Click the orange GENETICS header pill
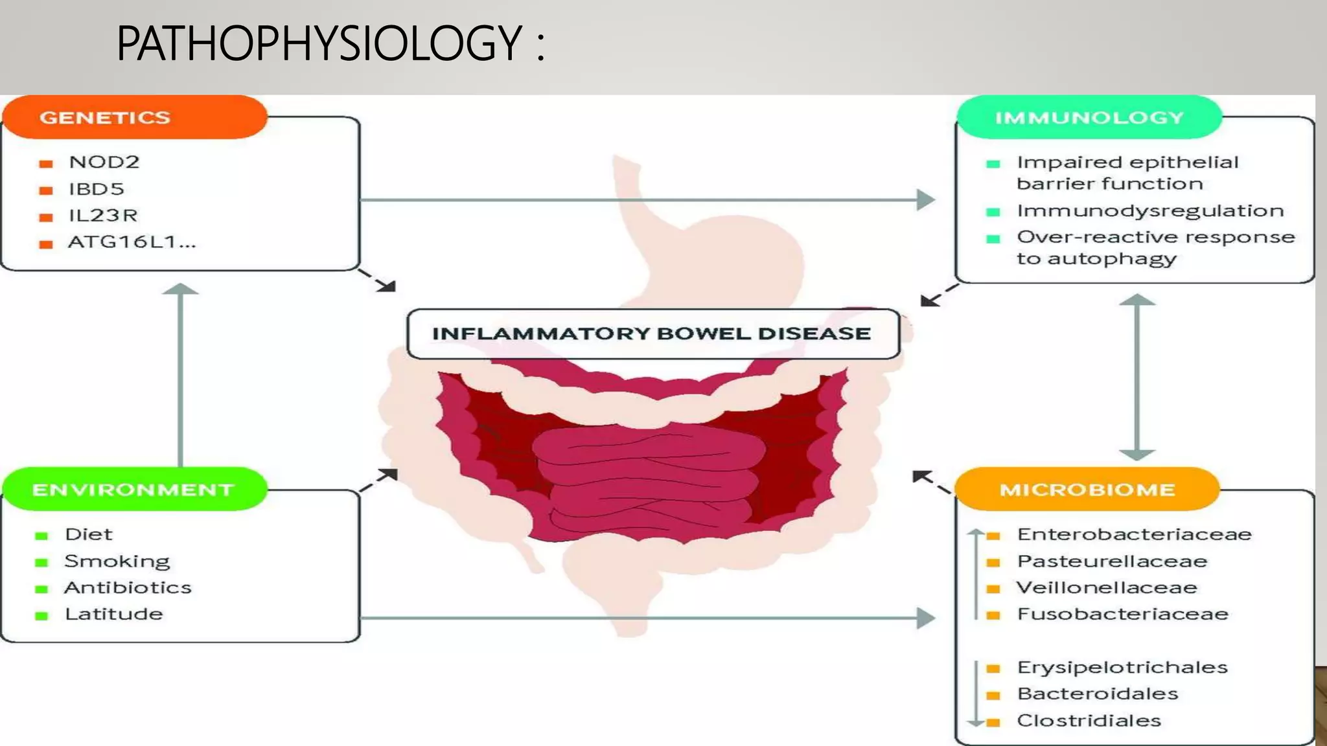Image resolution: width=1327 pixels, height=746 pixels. tap(134, 117)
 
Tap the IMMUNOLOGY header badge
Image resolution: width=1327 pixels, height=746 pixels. tap(1089, 117)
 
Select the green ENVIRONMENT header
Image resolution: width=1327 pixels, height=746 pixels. tap(134, 490)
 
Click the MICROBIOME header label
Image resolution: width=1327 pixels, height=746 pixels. tap(1087, 490)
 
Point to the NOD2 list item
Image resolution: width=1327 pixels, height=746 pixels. tap(104, 162)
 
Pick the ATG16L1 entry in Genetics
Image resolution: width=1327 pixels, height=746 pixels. tap(132, 242)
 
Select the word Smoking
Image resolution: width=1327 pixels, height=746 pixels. tap(117, 561)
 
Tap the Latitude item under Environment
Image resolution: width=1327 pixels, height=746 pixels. tap(113, 614)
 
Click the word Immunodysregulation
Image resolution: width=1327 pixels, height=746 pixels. tap(1150, 210)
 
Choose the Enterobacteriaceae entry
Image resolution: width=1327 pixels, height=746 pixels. tap(1134, 534)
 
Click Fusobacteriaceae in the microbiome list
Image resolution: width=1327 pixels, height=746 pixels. tap(1122, 614)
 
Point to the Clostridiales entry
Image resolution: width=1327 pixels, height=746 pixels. tap(1089, 720)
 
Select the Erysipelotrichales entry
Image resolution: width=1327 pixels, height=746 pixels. tap(1122, 667)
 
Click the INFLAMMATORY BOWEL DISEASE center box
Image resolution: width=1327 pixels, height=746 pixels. tap(652, 333)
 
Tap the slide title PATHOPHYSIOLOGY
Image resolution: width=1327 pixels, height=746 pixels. tap(319, 43)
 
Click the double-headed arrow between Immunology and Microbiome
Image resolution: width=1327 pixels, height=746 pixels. tap(1137, 377)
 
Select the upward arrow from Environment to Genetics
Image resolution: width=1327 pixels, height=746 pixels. tap(180, 376)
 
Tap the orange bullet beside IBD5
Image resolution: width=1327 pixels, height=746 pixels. tap(45, 190)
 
